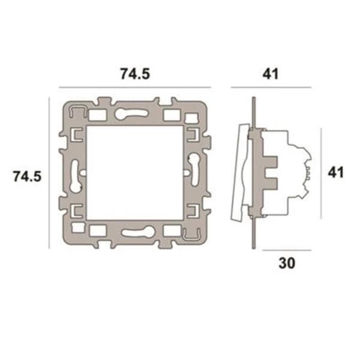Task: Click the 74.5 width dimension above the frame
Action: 134,74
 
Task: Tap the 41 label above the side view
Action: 271,74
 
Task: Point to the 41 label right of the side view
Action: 335,173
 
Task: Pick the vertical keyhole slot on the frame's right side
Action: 196,167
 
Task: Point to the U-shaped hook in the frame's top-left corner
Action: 76,110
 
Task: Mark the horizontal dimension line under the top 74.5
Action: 135,88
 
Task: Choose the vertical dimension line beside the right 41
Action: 323,173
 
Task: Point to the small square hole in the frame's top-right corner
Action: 173,113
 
